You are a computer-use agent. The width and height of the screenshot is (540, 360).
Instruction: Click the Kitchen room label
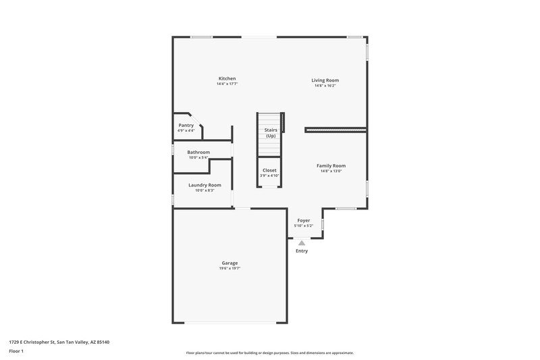227,78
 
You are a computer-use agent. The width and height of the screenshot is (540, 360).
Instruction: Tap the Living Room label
325,80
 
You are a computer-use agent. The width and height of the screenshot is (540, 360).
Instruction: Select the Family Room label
331,165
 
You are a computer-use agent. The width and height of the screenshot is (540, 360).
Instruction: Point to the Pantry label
186,125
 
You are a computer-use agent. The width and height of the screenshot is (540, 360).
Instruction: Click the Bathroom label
198,152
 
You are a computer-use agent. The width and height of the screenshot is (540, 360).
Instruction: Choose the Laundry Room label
204,185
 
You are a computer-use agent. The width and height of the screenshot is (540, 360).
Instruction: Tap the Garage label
230,263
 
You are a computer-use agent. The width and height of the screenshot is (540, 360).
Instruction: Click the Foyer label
304,220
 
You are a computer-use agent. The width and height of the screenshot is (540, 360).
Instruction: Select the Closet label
269,170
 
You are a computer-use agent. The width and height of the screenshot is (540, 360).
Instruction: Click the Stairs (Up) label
270,132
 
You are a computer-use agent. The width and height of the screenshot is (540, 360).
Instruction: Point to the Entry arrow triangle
302,242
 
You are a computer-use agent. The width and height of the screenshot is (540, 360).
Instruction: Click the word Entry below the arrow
302,251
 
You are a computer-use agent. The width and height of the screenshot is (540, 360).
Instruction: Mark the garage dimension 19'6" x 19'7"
230,269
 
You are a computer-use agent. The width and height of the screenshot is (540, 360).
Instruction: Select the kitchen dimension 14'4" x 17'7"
227,84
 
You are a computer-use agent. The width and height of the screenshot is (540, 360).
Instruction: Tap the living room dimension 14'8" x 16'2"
325,86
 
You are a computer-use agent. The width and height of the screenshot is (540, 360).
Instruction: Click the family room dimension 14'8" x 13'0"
331,171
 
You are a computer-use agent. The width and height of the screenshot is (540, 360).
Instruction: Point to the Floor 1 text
16,351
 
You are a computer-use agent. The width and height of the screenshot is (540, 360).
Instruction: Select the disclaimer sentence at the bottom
269,353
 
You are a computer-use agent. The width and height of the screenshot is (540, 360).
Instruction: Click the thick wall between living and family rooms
335,129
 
